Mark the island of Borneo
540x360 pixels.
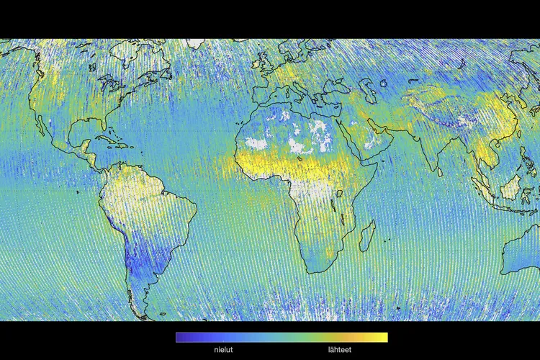(x=509, y=189)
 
